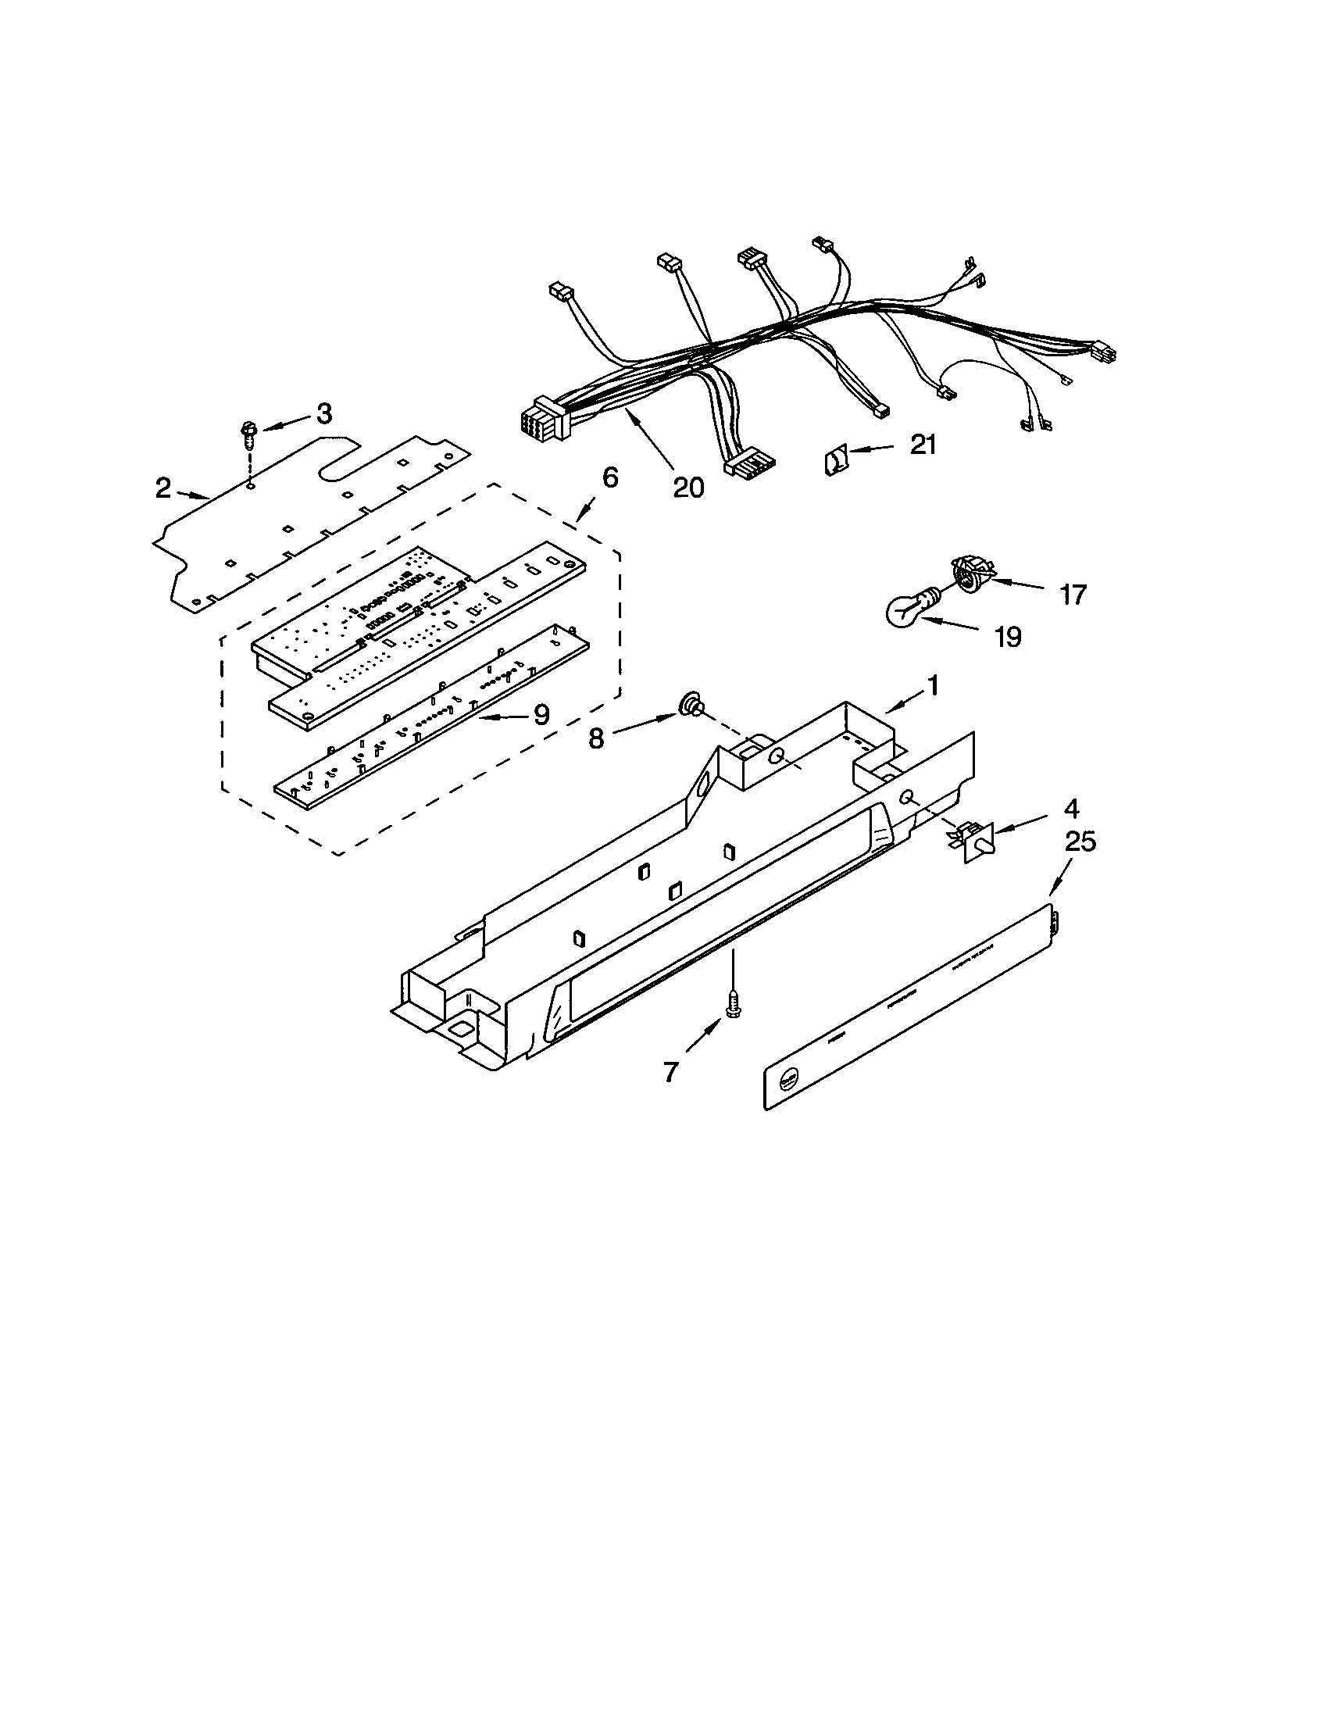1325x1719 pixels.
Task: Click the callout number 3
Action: pyautogui.click(x=324, y=414)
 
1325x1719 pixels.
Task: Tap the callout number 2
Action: pyautogui.click(x=162, y=489)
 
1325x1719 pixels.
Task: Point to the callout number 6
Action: pyautogui.click(x=610, y=477)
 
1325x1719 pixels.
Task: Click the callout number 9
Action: pyautogui.click(x=541, y=714)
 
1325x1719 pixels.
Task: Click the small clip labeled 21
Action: pyautogui.click(x=836, y=459)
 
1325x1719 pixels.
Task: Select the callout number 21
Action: pyautogui.click(x=923, y=445)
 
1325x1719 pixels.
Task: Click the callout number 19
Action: pyautogui.click(x=1008, y=636)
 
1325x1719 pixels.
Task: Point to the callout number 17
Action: pyautogui.click(x=1073, y=595)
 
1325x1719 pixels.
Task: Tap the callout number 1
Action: pyautogui.click(x=933, y=686)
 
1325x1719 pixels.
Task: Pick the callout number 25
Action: pyautogui.click(x=1080, y=842)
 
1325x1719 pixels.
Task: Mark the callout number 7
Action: pyautogui.click(x=670, y=1071)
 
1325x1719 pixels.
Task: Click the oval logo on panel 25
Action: pyautogui.click(x=788, y=1082)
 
